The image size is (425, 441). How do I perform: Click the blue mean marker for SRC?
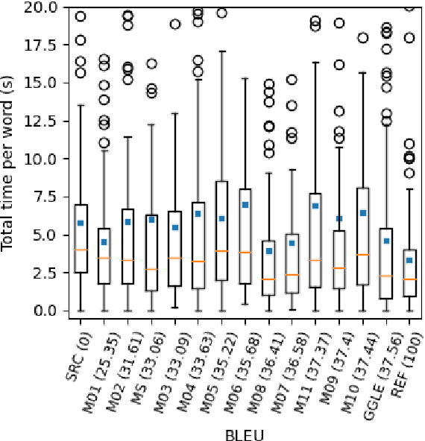(x=81, y=223)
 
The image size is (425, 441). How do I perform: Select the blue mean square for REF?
(x=409, y=260)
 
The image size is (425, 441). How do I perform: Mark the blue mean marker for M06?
(x=245, y=204)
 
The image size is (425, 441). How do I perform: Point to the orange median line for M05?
(x=221, y=251)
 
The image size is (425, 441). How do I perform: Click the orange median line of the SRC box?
(x=81, y=250)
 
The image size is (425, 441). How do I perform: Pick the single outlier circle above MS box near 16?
(x=151, y=64)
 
